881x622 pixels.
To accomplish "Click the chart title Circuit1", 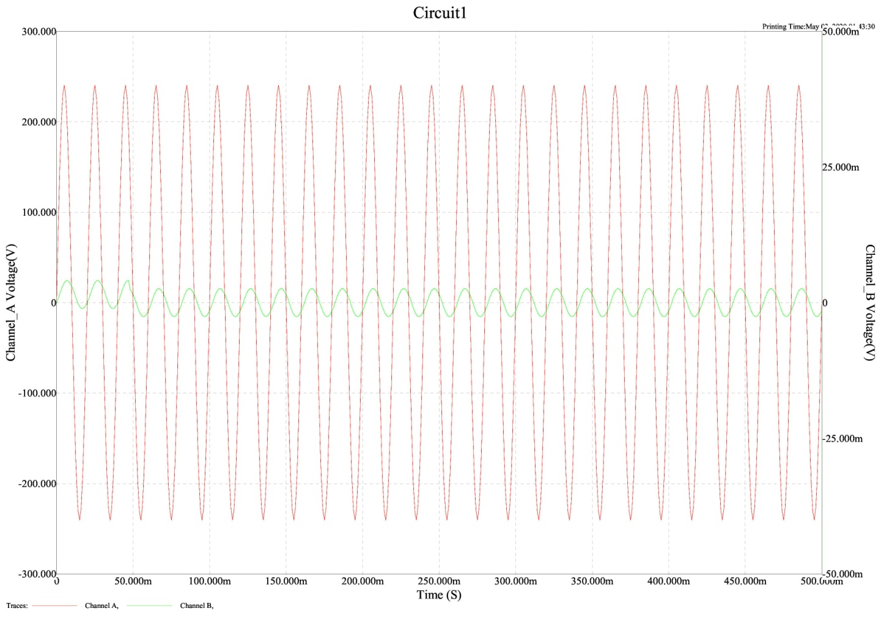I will point(440,13).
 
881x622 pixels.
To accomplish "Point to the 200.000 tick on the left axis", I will point(39,122).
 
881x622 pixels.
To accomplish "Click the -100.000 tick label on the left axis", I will point(37,393).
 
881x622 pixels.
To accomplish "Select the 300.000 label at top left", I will point(39,32).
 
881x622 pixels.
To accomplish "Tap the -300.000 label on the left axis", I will point(37,574).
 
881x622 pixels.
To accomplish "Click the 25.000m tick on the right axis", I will point(841,167).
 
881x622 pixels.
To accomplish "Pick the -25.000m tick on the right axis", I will point(842,439).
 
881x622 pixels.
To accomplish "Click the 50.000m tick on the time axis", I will point(133,581).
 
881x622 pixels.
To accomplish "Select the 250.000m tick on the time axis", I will point(439,581).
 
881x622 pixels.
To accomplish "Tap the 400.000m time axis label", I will point(668,581).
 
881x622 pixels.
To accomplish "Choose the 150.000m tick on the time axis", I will point(286,581).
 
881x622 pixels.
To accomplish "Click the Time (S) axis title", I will point(439,595).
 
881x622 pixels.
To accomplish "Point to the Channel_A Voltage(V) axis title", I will point(11,302).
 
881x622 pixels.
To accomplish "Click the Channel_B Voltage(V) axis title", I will point(869,302).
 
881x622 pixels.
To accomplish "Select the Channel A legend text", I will point(101,606).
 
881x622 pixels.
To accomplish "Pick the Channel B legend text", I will point(197,606).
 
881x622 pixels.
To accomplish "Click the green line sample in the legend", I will point(150,606).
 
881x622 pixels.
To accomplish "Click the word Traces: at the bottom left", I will point(17,606).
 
